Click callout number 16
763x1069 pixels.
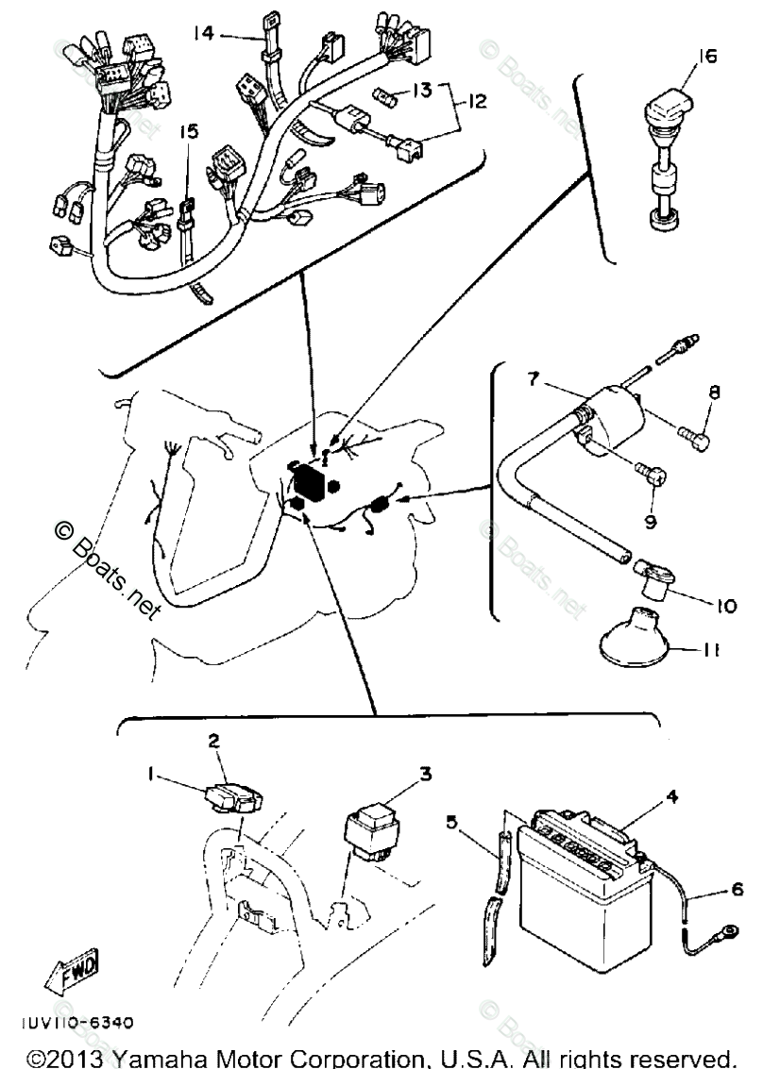707,56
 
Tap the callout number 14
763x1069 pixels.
203,34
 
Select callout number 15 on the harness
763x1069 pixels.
190,134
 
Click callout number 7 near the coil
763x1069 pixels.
534,381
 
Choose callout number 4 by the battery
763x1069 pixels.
671,796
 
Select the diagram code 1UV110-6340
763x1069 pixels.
75,1022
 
